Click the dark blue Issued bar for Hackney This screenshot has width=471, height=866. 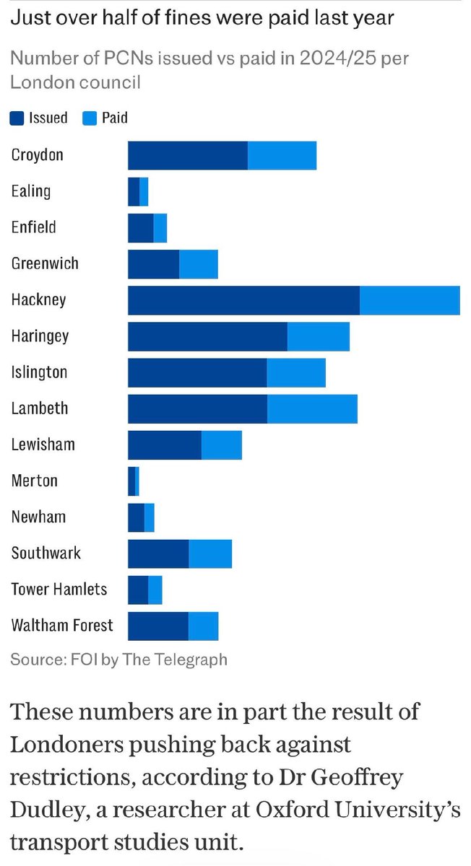[243, 300]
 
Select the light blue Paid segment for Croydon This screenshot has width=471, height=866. [282, 156]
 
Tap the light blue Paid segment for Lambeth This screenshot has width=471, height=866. [312, 408]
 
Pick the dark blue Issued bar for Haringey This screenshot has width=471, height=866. [207, 336]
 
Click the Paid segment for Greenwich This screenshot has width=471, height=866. [199, 264]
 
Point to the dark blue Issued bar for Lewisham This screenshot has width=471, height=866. [165, 445]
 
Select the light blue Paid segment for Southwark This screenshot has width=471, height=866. [210, 554]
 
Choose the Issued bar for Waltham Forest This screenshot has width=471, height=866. [158, 626]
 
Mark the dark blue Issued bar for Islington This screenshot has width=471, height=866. [197, 372]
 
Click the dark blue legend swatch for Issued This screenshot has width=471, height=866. [17, 118]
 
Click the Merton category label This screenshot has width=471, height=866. [34, 481]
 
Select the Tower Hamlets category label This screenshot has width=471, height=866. [59, 590]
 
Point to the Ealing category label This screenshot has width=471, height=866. [31, 191]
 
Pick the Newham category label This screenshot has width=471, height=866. [38, 517]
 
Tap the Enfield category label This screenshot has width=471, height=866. [33, 227]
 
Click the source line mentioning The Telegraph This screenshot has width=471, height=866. [119, 659]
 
